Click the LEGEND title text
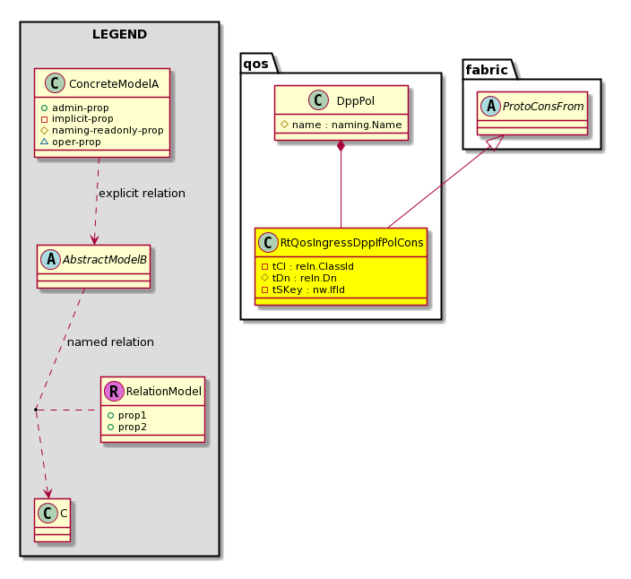coord(119,34)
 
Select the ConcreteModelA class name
coord(114,84)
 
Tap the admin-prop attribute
coord(81,108)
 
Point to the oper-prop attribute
coord(76,142)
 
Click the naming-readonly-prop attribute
coord(108,130)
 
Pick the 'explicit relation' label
coord(142,194)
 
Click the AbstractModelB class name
coord(105,260)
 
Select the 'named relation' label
coord(110,342)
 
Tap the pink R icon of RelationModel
coord(114,392)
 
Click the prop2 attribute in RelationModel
coord(133,427)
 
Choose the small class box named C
coord(52,520)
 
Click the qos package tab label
coord(256,64)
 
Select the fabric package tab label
coord(487,70)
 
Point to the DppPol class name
coord(356,101)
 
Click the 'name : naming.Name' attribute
coord(347,125)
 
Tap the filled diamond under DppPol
coord(341,146)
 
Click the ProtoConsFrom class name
coord(543,107)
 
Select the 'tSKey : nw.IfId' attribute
coord(308,289)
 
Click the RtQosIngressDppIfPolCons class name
coord(351,243)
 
